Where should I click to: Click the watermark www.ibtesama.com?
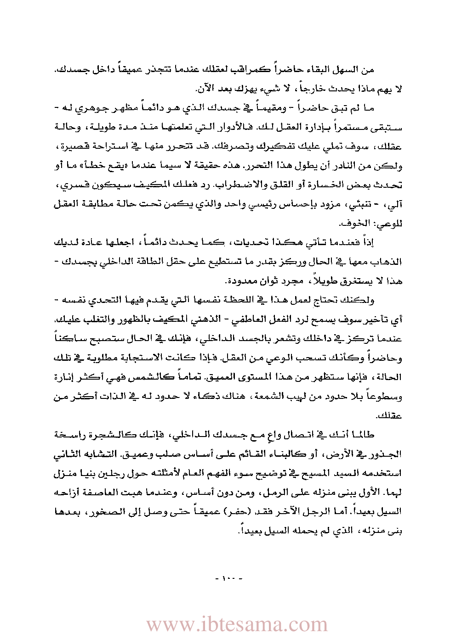237,625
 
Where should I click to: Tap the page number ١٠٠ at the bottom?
228,578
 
